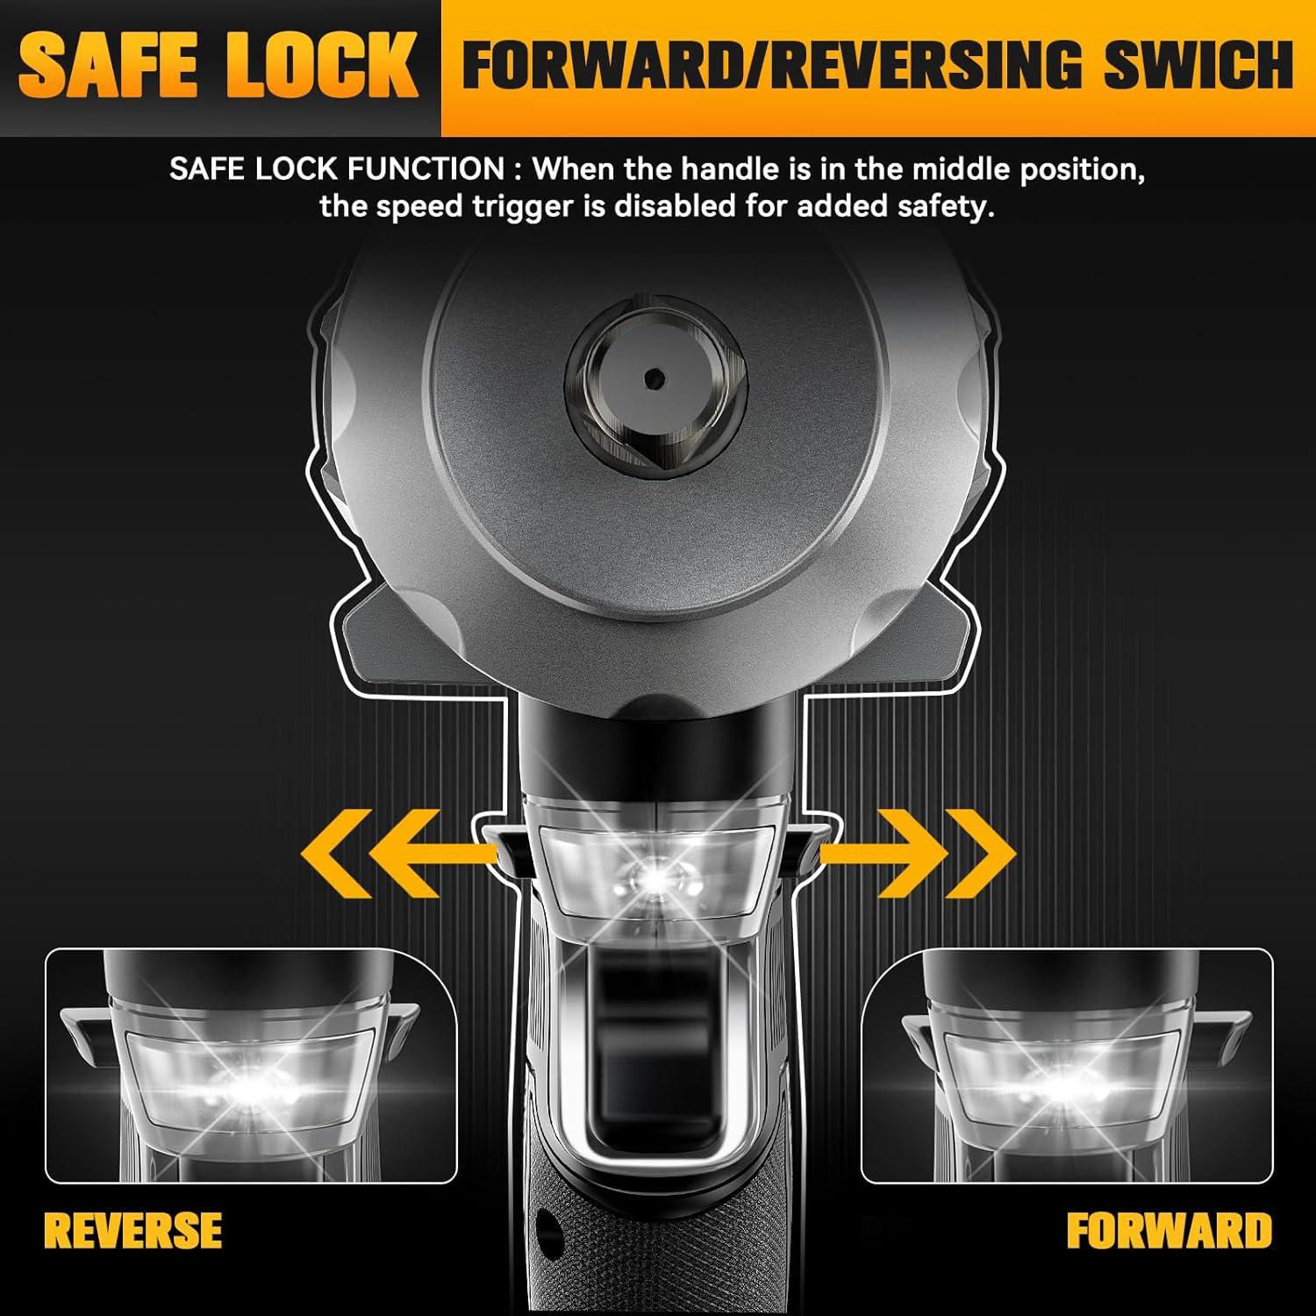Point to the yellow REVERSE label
[x=133, y=1230]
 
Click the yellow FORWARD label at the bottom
[x=1169, y=1230]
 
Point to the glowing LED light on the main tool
[x=654, y=875]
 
